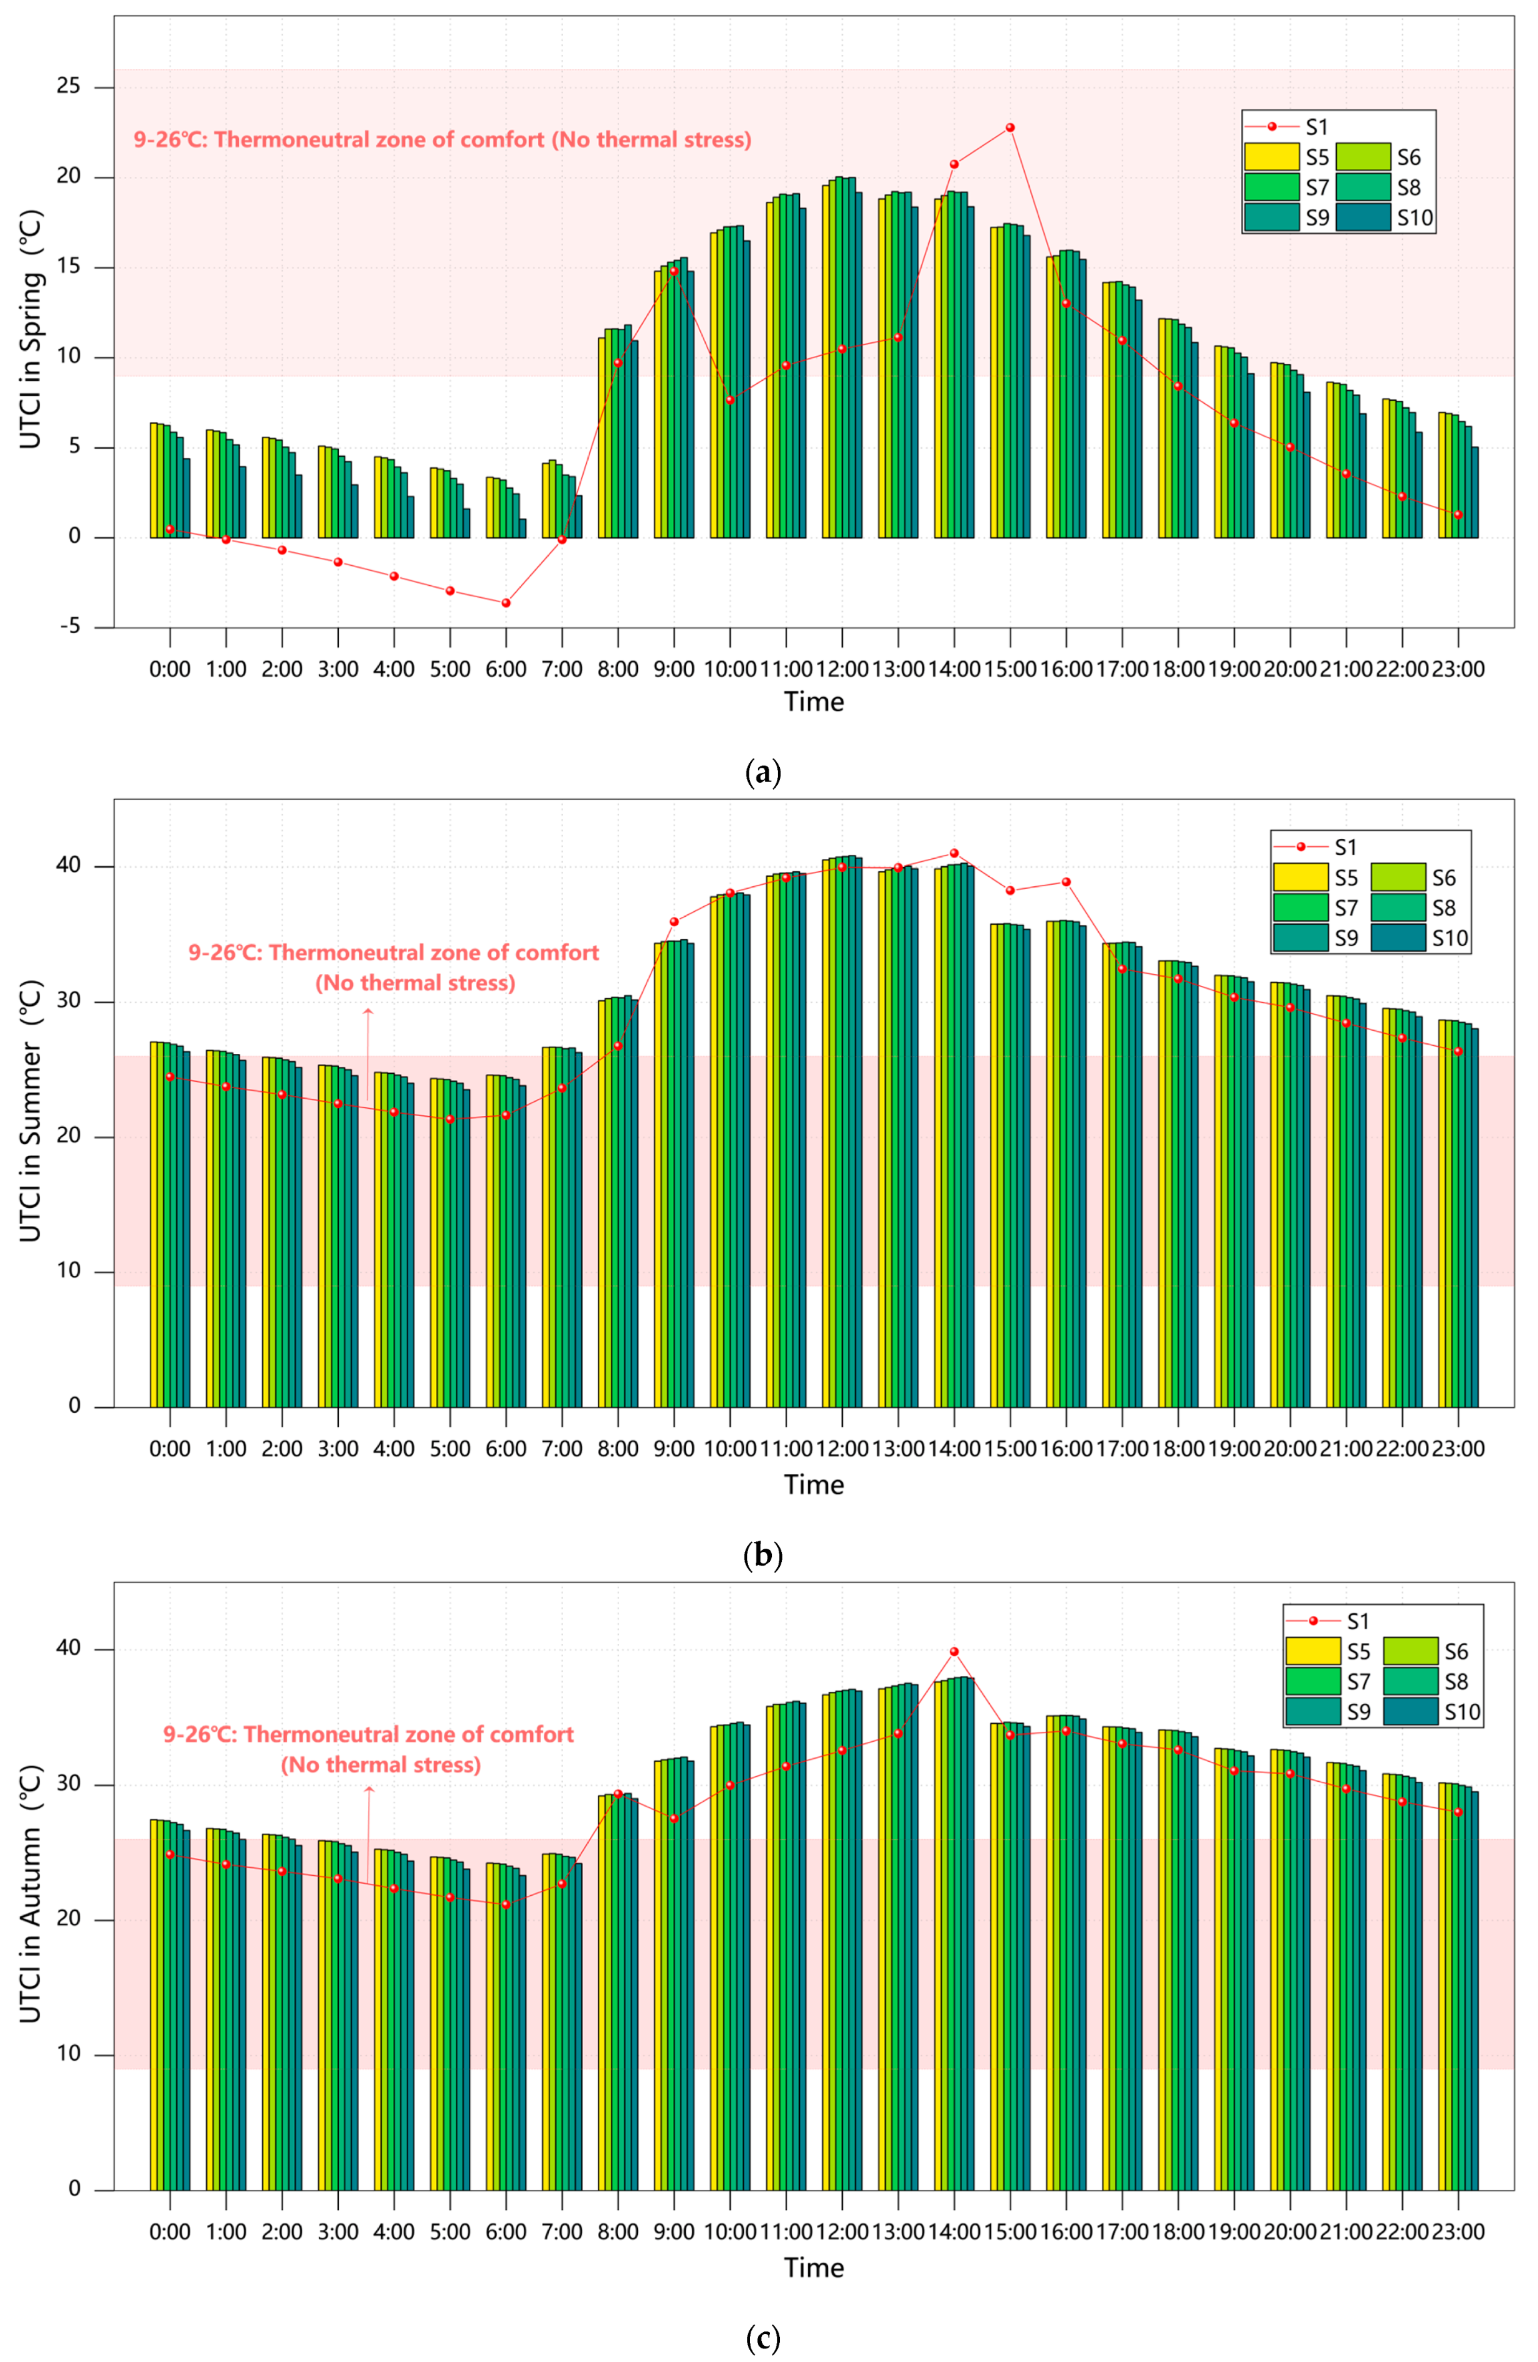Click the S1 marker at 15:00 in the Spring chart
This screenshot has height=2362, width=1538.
(x=1010, y=128)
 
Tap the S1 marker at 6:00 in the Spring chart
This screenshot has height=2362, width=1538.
(x=506, y=603)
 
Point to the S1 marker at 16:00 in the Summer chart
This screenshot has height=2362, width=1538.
(x=1066, y=881)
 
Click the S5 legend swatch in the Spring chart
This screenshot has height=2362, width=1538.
(x=1271, y=157)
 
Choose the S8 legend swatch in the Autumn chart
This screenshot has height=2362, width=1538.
(x=1410, y=1681)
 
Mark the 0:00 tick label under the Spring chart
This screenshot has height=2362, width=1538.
(x=169, y=670)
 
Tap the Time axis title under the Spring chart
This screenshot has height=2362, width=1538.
(x=814, y=702)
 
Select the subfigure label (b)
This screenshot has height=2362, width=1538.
(x=762, y=1554)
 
